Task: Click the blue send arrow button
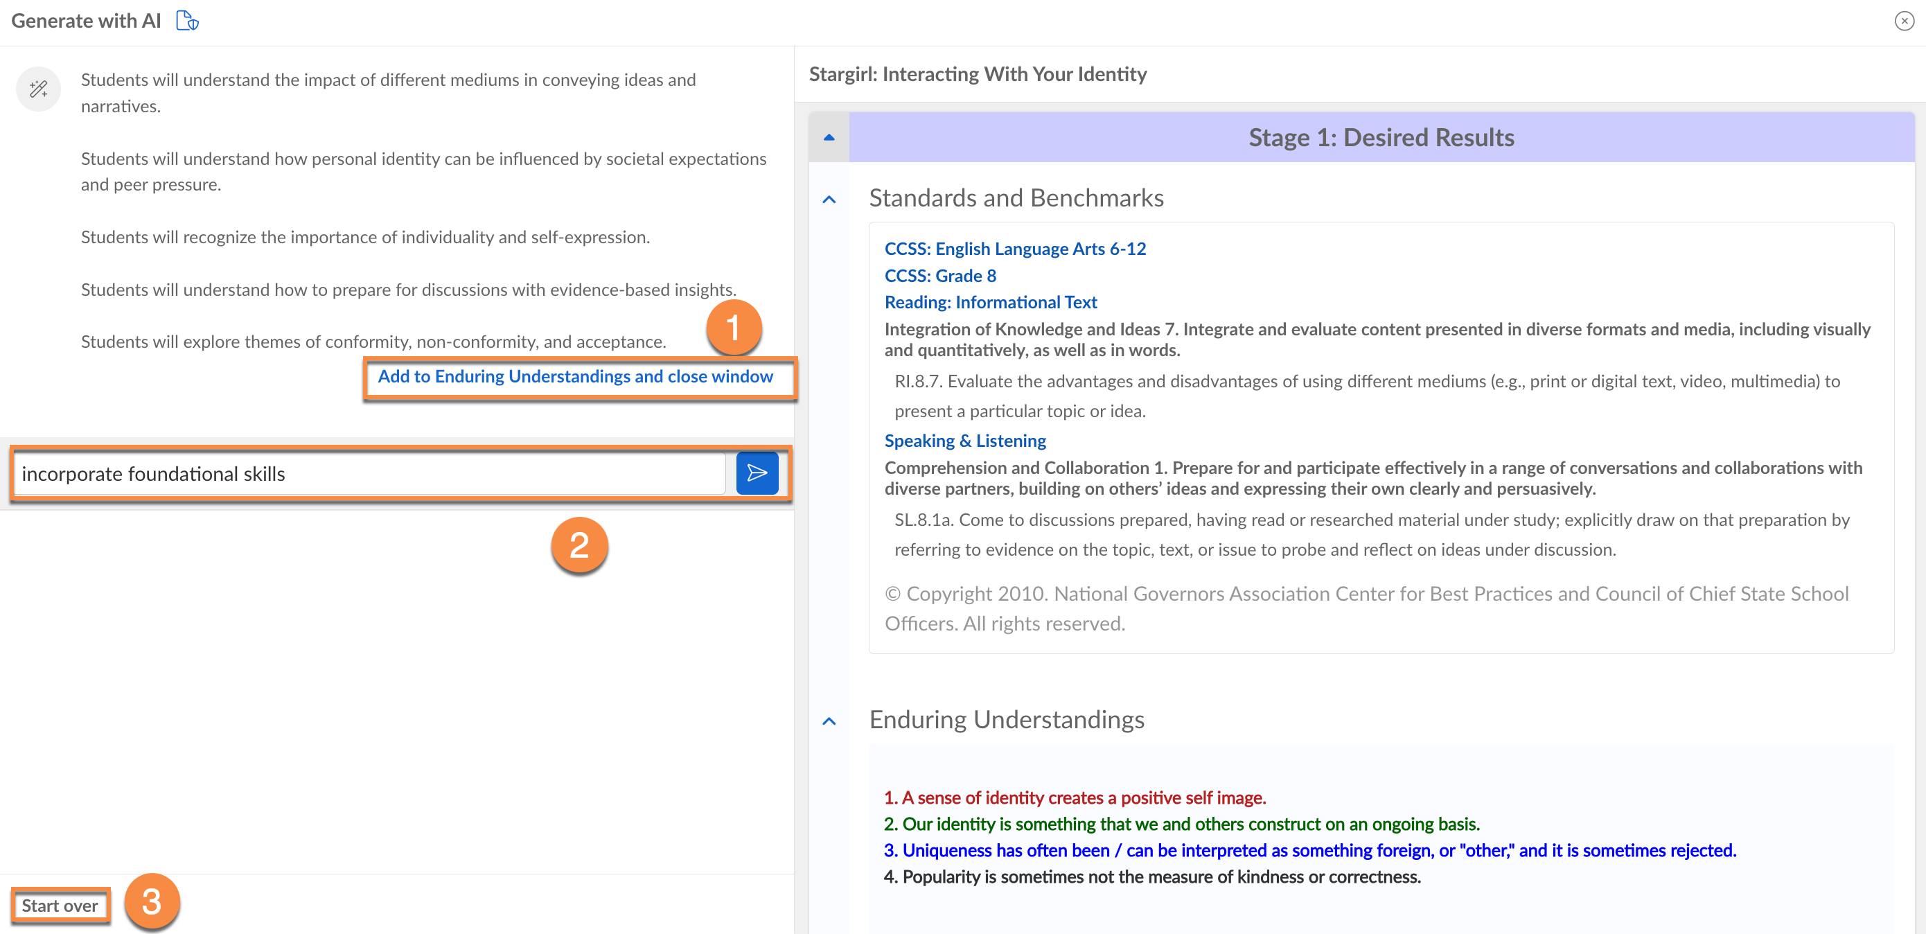[x=757, y=473]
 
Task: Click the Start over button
[x=60, y=906]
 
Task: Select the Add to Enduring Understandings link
[x=575, y=376]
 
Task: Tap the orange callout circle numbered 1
[x=734, y=328]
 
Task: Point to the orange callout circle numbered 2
[x=579, y=545]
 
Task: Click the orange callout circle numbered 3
[x=152, y=901]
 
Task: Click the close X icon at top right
[x=1905, y=21]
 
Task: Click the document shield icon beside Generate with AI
[x=187, y=20]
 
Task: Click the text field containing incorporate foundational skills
[x=370, y=473]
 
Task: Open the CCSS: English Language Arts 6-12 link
[x=1014, y=248]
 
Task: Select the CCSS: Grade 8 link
[x=940, y=275]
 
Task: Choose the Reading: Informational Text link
[x=991, y=302]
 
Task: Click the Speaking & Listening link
[x=964, y=441]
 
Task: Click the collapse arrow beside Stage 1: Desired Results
[x=829, y=138]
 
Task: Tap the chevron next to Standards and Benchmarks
[x=829, y=199]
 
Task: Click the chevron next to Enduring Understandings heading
[x=829, y=721]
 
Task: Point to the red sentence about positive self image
[x=1075, y=798]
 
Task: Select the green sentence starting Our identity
[x=1181, y=824]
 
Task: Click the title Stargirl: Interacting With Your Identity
[x=978, y=74]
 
